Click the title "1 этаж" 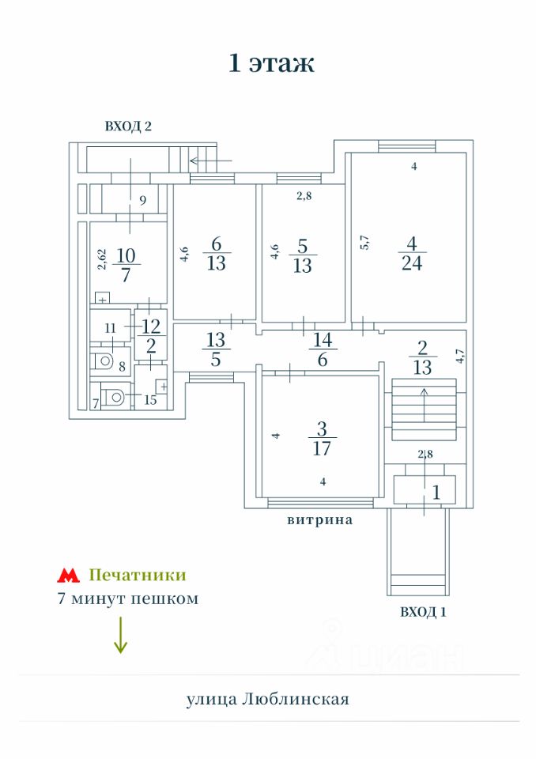coord(271,63)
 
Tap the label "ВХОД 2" coord(127,126)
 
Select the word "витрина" coord(319,520)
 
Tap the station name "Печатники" coord(138,575)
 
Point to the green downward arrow coord(120,635)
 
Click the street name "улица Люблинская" coord(267,699)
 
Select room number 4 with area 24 coord(412,253)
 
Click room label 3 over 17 coord(321,439)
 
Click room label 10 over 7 coord(126,264)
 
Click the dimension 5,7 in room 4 coord(364,241)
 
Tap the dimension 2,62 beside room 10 coord(101,260)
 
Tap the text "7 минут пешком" coord(128,599)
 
